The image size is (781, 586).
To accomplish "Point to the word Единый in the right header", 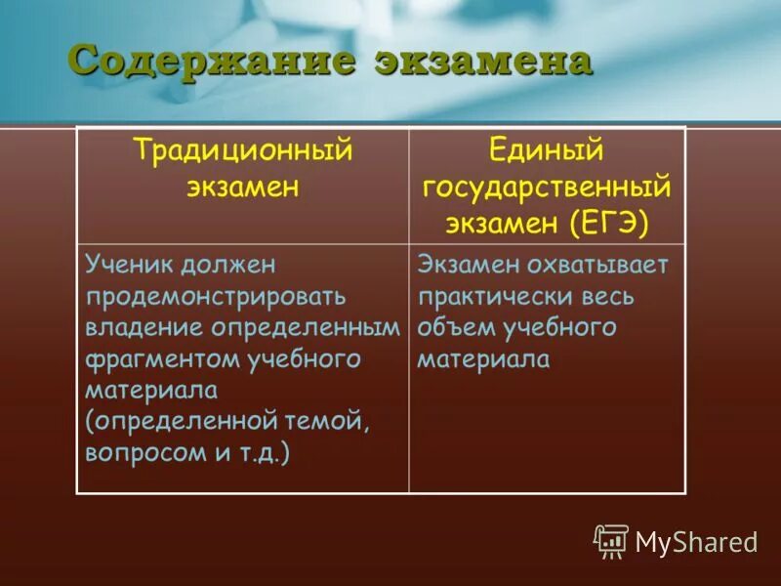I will pos(547,151).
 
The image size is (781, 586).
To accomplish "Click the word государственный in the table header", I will pos(547,187).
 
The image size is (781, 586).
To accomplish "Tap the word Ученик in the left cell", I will pos(131,265).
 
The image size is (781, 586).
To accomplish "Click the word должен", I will pos(230,265).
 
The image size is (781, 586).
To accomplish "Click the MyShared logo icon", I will pos(611,540).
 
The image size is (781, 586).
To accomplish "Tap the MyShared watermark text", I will pos(697,542).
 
